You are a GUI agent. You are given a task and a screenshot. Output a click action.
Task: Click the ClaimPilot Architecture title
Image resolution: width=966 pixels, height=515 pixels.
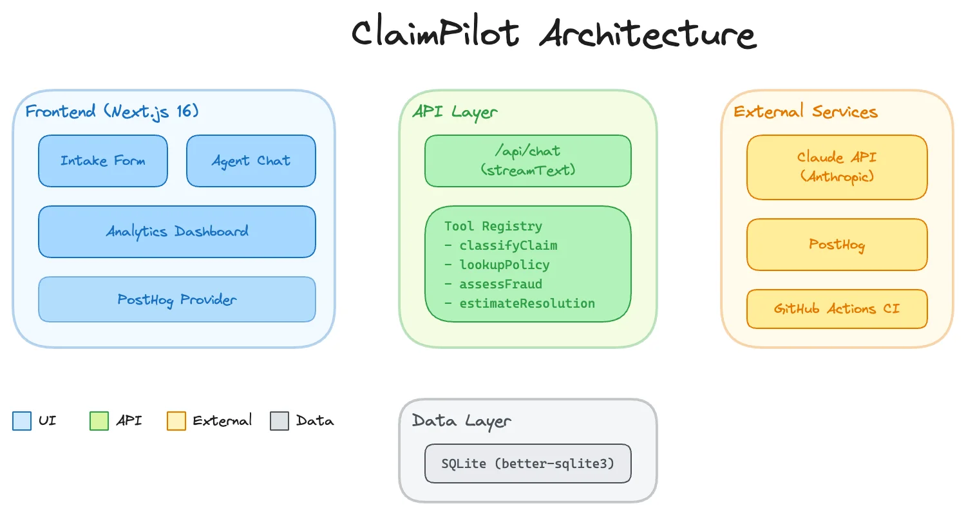[x=554, y=33]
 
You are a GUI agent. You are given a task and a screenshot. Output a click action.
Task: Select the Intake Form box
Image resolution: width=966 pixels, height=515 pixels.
[x=103, y=161]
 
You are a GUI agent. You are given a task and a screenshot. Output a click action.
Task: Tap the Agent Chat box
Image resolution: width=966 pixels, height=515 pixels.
[x=251, y=161]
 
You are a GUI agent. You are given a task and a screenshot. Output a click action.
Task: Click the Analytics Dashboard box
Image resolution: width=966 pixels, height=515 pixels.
[x=177, y=232]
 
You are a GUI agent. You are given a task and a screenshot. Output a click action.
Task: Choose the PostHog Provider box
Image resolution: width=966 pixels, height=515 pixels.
[x=177, y=299]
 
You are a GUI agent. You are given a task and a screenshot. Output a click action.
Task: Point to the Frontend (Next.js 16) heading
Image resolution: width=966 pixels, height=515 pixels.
[x=112, y=111]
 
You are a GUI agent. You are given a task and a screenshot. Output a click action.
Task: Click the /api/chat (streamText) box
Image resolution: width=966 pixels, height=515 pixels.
[x=528, y=161]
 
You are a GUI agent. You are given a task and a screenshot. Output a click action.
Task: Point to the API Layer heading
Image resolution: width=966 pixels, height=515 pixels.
[x=455, y=111]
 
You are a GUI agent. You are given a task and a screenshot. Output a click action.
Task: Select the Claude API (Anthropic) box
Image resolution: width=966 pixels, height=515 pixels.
[x=837, y=167]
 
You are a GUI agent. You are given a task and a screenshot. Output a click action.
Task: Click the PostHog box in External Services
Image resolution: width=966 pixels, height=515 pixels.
[x=837, y=245]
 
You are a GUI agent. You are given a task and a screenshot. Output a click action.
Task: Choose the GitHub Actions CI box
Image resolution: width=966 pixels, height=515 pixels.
[x=837, y=309]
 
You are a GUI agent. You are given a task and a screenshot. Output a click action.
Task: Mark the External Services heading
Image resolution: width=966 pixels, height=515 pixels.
[x=806, y=111]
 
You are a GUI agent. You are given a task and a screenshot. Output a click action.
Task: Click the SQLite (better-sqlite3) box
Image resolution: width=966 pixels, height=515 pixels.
[x=528, y=464]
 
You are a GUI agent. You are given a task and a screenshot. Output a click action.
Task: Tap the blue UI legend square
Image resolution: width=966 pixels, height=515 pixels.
[x=22, y=421]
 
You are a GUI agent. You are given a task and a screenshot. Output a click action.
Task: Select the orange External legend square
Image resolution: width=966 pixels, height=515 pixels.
[x=176, y=421]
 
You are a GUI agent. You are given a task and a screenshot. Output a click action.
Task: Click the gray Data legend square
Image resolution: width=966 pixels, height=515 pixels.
[x=279, y=421]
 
